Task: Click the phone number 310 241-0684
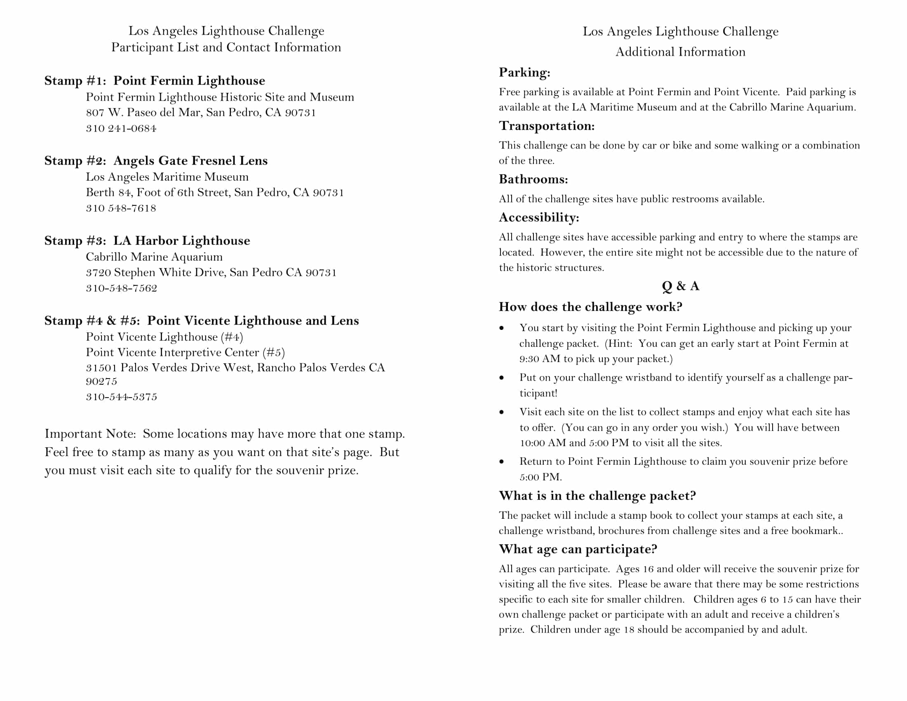click(121, 128)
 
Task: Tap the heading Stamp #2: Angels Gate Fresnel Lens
click(156, 161)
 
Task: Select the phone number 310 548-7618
click(121, 208)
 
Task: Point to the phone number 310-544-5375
click(122, 397)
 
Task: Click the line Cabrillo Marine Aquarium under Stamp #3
click(154, 257)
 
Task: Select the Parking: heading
click(524, 72)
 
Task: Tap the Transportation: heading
click(547, 126)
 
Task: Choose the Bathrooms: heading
click(533, 179)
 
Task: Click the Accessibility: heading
click(539, 217)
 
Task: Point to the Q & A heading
click(680, 286)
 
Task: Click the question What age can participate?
click(578, 549)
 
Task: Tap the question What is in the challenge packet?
click(597, 495)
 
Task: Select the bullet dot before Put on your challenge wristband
click(502, 378)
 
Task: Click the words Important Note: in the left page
click(90, 433)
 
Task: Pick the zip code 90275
click(101, 381)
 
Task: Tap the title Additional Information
click(680, 52)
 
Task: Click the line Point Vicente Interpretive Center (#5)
click(185, 352)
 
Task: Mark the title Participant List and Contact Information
click(226, 47)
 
